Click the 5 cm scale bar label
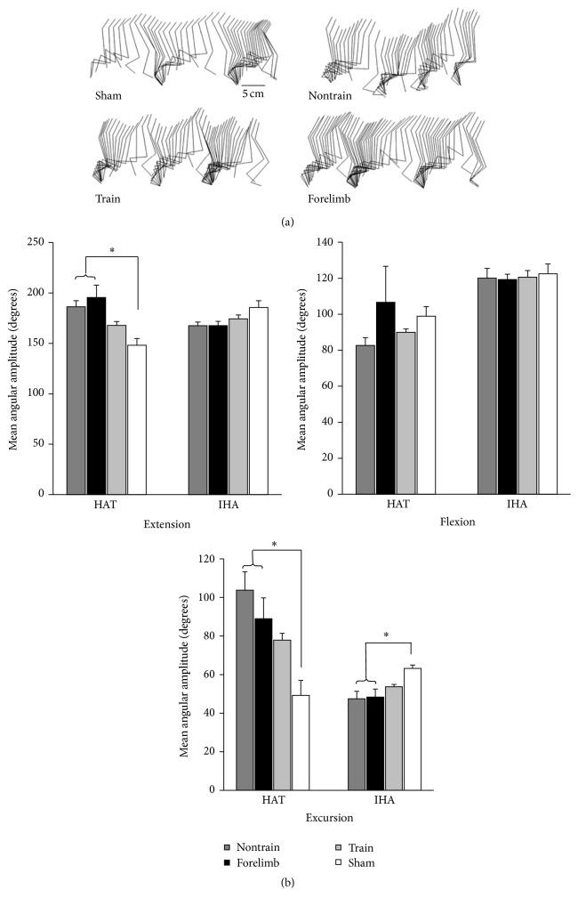tap(253, 93)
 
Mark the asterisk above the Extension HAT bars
tap(113, 251)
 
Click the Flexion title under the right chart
tap(456, 522)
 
